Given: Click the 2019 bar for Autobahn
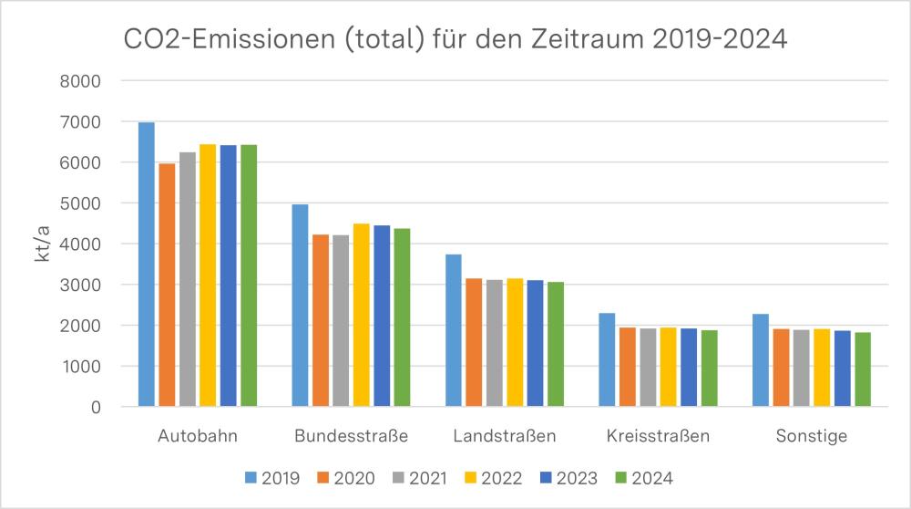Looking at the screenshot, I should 146,265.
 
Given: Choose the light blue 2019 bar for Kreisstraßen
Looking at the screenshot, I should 607,359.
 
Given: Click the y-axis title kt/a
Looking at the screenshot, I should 42,244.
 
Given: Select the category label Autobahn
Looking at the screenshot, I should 198,436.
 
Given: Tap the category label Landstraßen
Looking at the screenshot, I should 504,436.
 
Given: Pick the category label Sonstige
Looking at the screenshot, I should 811,436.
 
